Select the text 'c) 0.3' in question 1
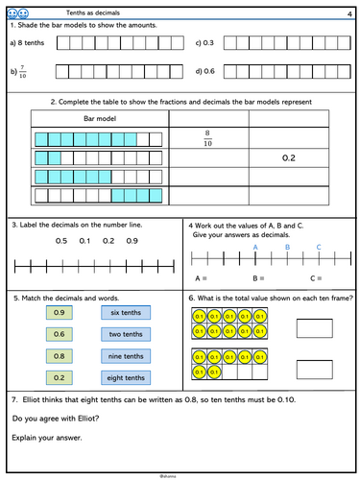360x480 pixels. coord(204,43)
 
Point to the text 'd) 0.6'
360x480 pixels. coord(204,71)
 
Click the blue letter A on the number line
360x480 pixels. coord(255,247)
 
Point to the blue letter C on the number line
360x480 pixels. coord(319,247)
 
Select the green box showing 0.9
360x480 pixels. coord(58,313)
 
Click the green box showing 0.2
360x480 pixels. coord(58,377)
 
